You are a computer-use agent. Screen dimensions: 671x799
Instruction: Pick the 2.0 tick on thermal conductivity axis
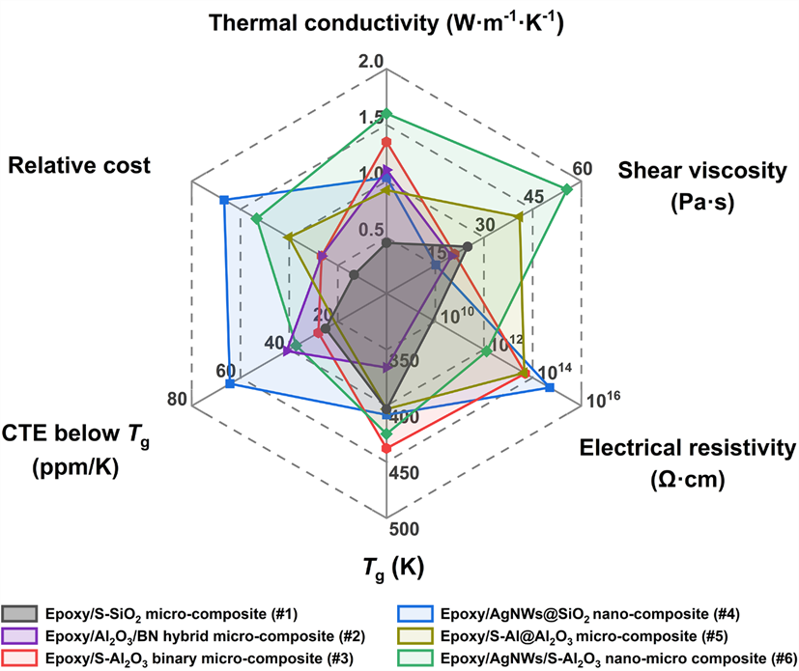click(x=372, y=63)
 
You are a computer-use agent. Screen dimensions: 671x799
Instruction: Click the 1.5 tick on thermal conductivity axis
click(x=371, y=119)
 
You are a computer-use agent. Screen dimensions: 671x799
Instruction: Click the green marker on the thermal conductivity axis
click(x=386, y=114)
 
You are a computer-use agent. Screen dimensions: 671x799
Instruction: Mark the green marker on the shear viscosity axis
click(x=567, y=188)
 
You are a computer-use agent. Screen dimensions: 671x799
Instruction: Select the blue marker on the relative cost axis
click(x=224, y=200)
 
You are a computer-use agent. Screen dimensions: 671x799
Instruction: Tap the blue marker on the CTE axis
click(x=229, y=384)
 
